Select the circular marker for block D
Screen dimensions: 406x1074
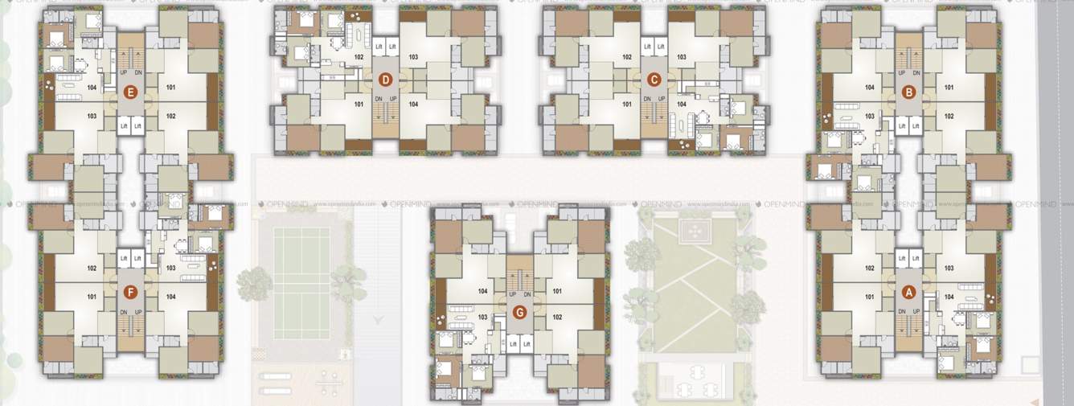(386, 80)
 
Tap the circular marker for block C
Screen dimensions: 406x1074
(654, 80)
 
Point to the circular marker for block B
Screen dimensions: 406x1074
(908, 92)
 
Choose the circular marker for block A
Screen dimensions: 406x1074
(908, 291)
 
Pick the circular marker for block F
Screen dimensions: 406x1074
(130, 291)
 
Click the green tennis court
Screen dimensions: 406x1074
(301, 282)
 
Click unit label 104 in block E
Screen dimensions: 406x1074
(92, 88)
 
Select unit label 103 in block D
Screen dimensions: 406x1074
(412, 57)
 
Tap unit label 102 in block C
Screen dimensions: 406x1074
(628, 57)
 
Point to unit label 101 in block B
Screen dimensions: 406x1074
(949, 88)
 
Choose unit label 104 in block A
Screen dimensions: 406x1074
(949, 297)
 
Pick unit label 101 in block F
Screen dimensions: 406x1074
(92, 297)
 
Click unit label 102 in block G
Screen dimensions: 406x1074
(556, 318)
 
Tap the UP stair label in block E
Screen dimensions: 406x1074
(123, 73)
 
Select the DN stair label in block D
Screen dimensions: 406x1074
(379, 99)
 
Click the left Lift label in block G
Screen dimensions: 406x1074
(512, 344)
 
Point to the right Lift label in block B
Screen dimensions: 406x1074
(916, 126)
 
